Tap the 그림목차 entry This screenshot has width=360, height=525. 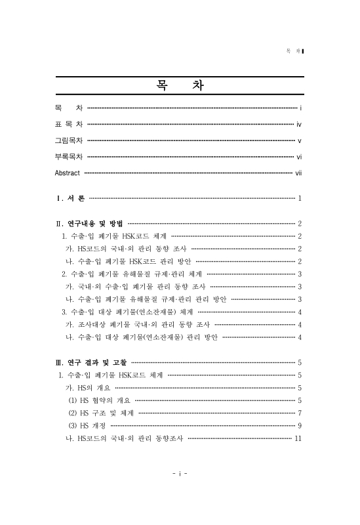pyautogui.click(x=68, y=140)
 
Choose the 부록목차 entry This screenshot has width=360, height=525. pyautogui.click(x=68, y=156)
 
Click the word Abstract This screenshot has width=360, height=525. pyautogui.click(x=68, y=173)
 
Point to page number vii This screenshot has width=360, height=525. pyautogui.click(x=298, y=173)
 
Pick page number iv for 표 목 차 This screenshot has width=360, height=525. pyautogui.click(x=298, y=123)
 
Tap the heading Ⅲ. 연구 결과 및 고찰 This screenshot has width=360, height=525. pyautogui.click(x=91, y=362)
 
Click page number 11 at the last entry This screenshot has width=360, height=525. pyautogui.click(x=298, y=438)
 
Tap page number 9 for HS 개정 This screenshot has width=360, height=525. pyautogui.click(x=299, y=425)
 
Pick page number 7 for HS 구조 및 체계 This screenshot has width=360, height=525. pyautogui.click(x=299, y=413)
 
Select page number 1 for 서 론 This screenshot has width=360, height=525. pyautogui.click(x=299, y=198)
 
